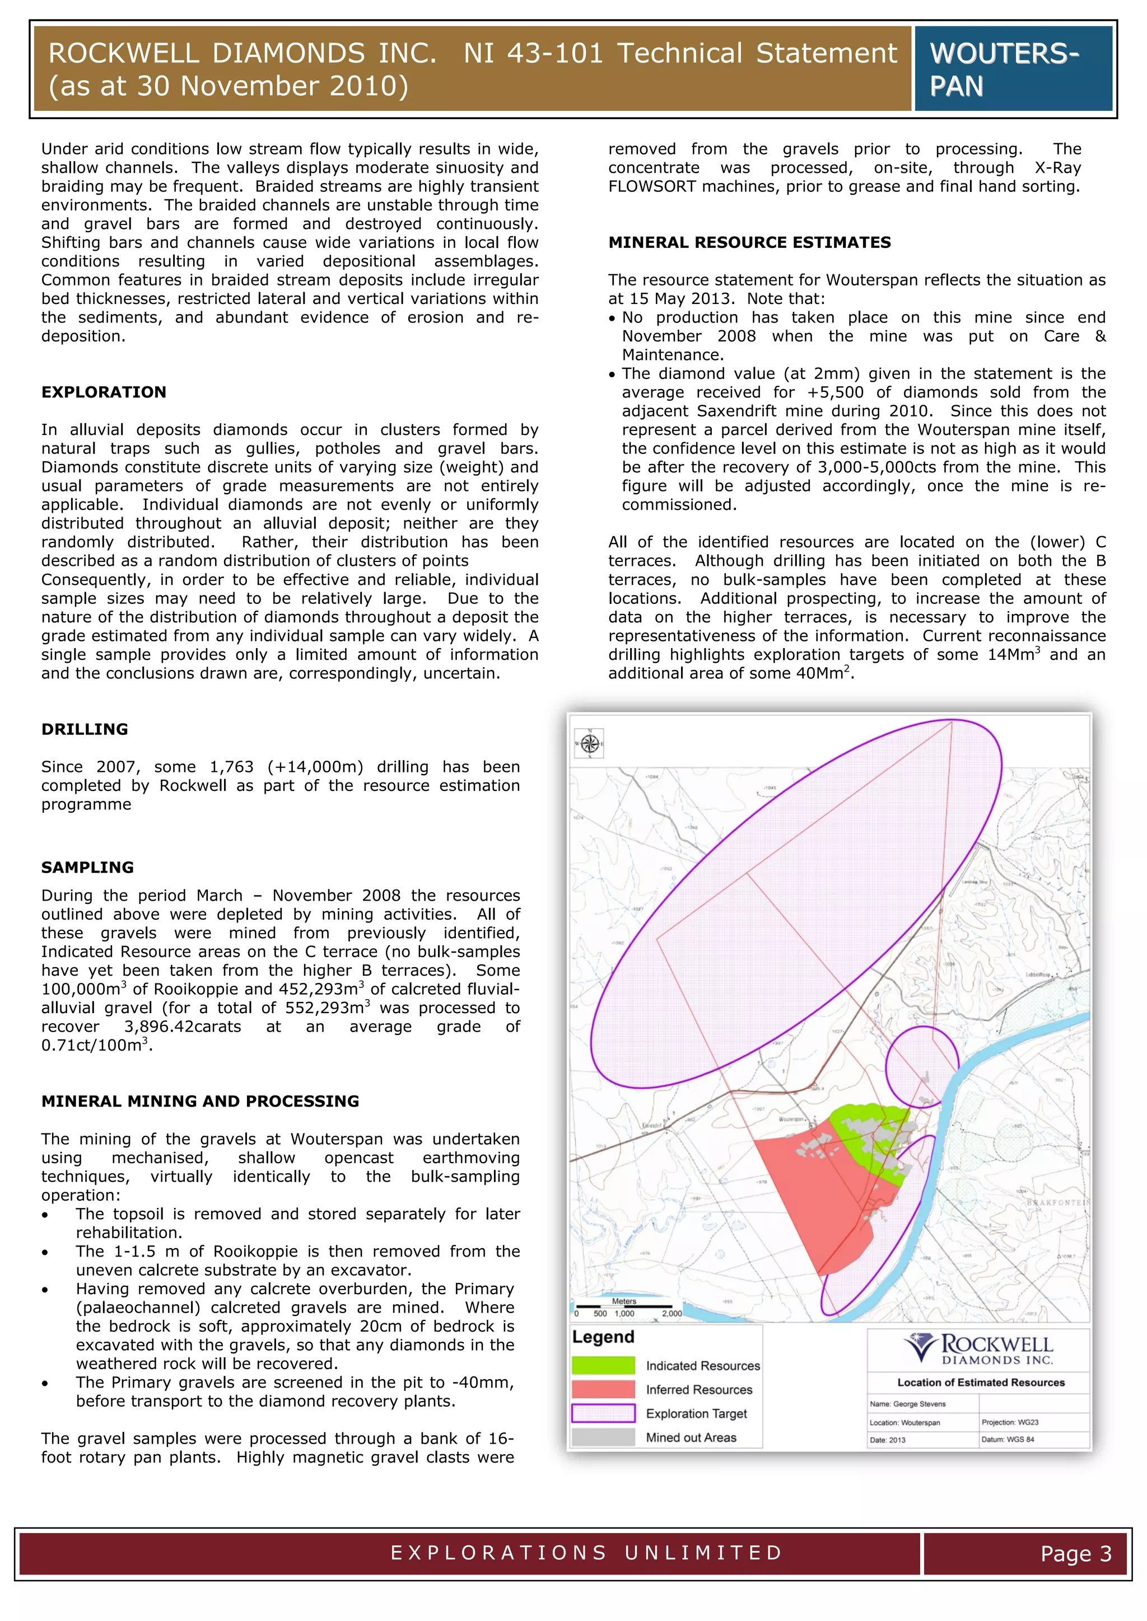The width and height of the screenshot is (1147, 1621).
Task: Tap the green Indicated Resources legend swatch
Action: [x=603, y=1365]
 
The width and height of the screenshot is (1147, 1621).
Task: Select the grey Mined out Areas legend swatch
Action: [x=603, y=1437]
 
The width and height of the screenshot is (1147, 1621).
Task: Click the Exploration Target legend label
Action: [x=696, y=1413]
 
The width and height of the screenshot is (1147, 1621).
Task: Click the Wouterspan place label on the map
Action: [x=791, y=1119]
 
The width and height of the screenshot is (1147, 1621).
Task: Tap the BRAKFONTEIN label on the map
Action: [x=1057, y=1202]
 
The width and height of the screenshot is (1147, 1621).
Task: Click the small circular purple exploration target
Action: [x=920, y=1068]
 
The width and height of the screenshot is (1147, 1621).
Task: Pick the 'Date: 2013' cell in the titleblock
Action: [x=888, y=1440]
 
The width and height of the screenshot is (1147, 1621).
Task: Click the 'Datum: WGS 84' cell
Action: [x=1008, y=1440]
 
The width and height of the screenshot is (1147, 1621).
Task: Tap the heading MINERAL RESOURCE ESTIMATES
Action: [x=749, y=242]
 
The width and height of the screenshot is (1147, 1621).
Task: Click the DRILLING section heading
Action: [x=85, y=729]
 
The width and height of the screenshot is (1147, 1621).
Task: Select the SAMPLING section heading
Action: [x=87, y=867]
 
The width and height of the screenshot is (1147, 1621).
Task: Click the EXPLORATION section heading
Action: [x=104, y=392]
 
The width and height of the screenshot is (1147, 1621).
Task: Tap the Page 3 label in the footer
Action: [x=1076, y=1554]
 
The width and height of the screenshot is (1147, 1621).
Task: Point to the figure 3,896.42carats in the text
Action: [x=182, y=1027]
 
